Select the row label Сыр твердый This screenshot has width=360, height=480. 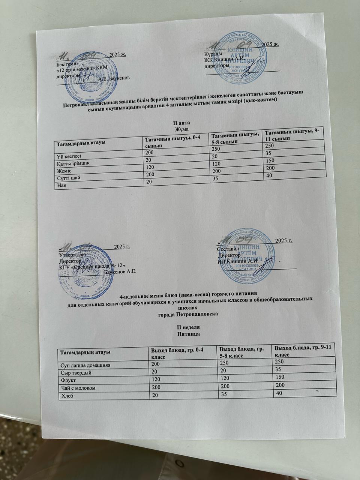point(76,373)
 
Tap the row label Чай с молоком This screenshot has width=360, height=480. point(78,387)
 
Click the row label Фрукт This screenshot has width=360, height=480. point(69,380)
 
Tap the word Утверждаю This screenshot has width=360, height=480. point(73,254)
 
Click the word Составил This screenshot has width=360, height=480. point(228,248)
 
